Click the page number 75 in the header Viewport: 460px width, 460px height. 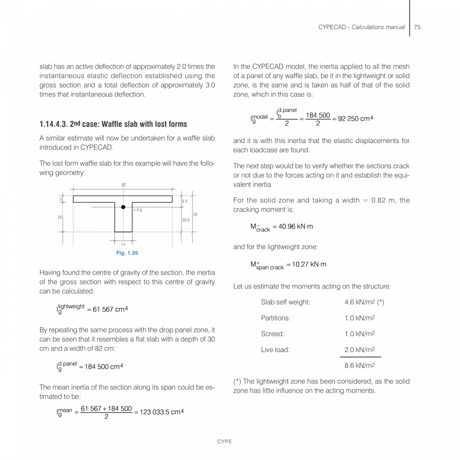click(417, 27)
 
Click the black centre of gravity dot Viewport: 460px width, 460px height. click(123, 206)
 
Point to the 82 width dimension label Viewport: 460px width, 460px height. click(123, 185)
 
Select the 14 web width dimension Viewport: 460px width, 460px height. click(123, 244)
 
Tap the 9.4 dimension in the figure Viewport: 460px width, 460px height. click(184, 201)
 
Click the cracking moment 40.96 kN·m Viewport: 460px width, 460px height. click(299, 226)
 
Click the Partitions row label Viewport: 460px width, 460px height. click(275, 317)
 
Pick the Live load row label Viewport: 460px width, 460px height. click(275, 350)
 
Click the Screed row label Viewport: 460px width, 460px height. click(272, 333)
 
